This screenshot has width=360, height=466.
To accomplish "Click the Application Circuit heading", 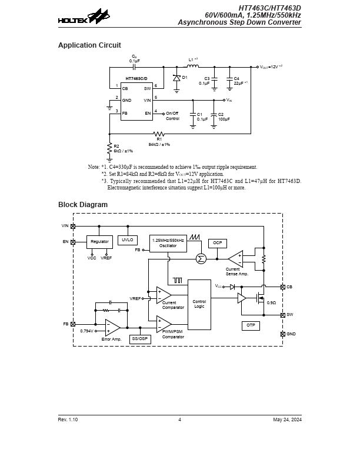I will (89, 45).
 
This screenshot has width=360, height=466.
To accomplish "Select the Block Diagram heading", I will (83, 205).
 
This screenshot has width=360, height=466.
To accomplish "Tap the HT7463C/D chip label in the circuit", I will (136, 78).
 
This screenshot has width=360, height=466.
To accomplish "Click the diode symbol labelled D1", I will (176, 78).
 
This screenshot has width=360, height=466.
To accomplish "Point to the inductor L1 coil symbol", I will (192, 66).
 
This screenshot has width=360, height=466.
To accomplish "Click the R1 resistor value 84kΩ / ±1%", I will (159, 144).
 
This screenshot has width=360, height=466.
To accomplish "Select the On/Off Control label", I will (172, 116).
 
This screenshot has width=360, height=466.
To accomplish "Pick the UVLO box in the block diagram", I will (128, 240).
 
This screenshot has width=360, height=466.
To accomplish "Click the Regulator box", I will (99, 242).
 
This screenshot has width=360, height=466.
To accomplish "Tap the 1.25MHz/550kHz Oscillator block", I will (168, 243).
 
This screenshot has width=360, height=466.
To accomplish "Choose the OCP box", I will (217, 243).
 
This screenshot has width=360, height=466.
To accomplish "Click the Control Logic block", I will (199, 304).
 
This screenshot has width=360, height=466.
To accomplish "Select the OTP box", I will (251, 325).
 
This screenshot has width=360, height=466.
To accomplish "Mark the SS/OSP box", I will (140, 339).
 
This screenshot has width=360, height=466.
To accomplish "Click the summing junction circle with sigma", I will (201, 258).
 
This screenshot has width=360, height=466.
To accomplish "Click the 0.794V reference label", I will (87, 331).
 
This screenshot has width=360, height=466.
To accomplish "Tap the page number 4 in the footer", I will (179, 420).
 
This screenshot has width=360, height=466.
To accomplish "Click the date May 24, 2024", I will (287, 420).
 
